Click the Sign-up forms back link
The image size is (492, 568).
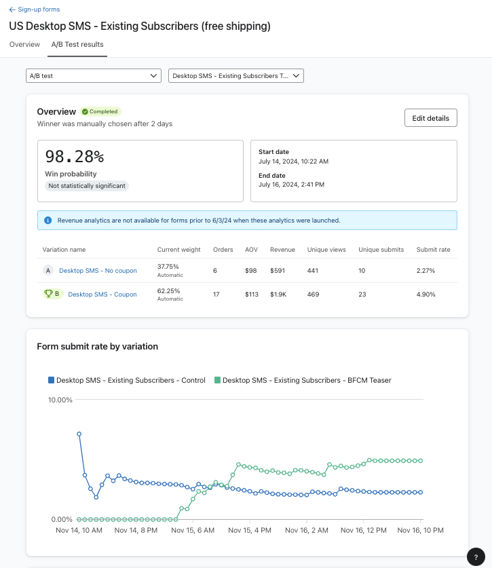(x=35, y=10)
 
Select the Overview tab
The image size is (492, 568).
(x=24, y=44)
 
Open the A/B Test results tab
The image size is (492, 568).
(x=77, y=44)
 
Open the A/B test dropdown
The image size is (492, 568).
(x=94, y=76)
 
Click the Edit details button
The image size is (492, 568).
(x=430, y=118)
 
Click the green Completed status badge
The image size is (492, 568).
(x=100, y=111)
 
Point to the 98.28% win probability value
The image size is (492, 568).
(x=75, y=157)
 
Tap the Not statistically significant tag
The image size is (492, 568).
(x=87, y=186)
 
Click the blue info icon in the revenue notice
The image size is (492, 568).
(x=48, y=221)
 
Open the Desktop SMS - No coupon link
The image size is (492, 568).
(x=98, y=271)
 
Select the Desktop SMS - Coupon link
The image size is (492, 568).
(x=102, y=295)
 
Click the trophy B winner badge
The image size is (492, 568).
(x=53, y=295)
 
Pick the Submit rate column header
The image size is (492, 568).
(x=433, y=250)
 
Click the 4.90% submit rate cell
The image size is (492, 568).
(x=426, y=295)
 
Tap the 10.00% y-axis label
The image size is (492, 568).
(x=60, y=400)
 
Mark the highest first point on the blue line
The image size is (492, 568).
(x=79, y=434)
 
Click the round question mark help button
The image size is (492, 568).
(x=476, y=556)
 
